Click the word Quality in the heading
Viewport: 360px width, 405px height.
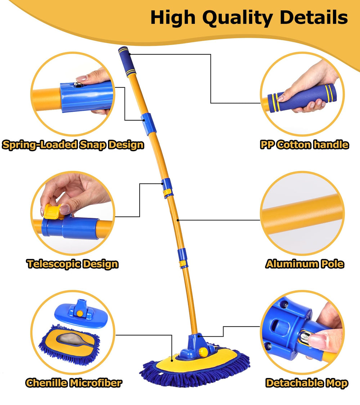[238, 18]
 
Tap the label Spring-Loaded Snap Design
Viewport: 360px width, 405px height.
[73, 145]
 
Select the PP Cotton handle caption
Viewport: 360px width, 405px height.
[305, 145]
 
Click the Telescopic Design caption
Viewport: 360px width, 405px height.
[73, 264]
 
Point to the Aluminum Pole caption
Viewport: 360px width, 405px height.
[305, 264]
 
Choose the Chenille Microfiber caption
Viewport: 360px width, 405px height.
[73, 383]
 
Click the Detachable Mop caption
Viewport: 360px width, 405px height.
[307, 383]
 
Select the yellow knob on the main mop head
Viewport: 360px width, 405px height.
[203, 351]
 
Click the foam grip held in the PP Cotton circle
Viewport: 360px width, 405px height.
[302, 98]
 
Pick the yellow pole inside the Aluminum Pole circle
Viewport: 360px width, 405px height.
[302, 214]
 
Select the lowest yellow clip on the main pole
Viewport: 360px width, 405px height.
[183, 264]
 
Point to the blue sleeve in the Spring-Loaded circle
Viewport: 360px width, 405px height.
[87, 97]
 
